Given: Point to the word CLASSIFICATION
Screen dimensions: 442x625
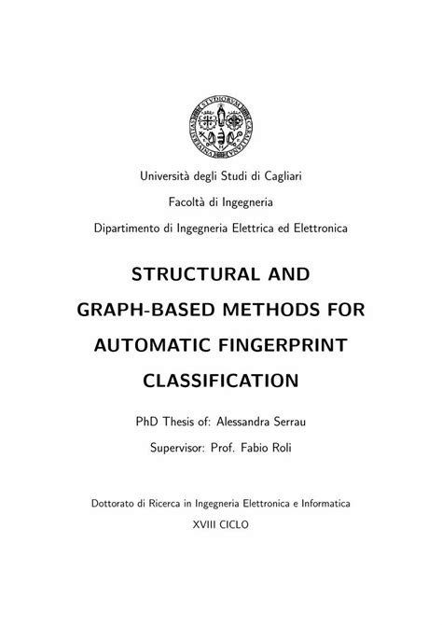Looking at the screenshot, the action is pyautogui.click(x=221, y=382).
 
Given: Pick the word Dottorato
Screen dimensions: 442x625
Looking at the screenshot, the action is pyautogui.click(x=117, y=502).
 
